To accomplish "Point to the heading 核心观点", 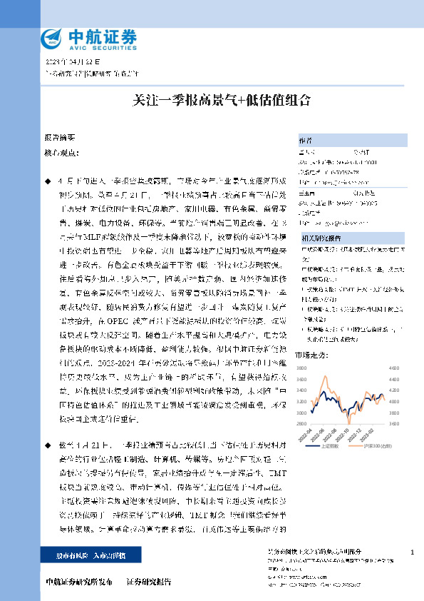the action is (x=61, y=153).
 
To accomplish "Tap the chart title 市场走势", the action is (x=309, y=354).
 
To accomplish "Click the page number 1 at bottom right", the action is (x=412, y=553).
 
